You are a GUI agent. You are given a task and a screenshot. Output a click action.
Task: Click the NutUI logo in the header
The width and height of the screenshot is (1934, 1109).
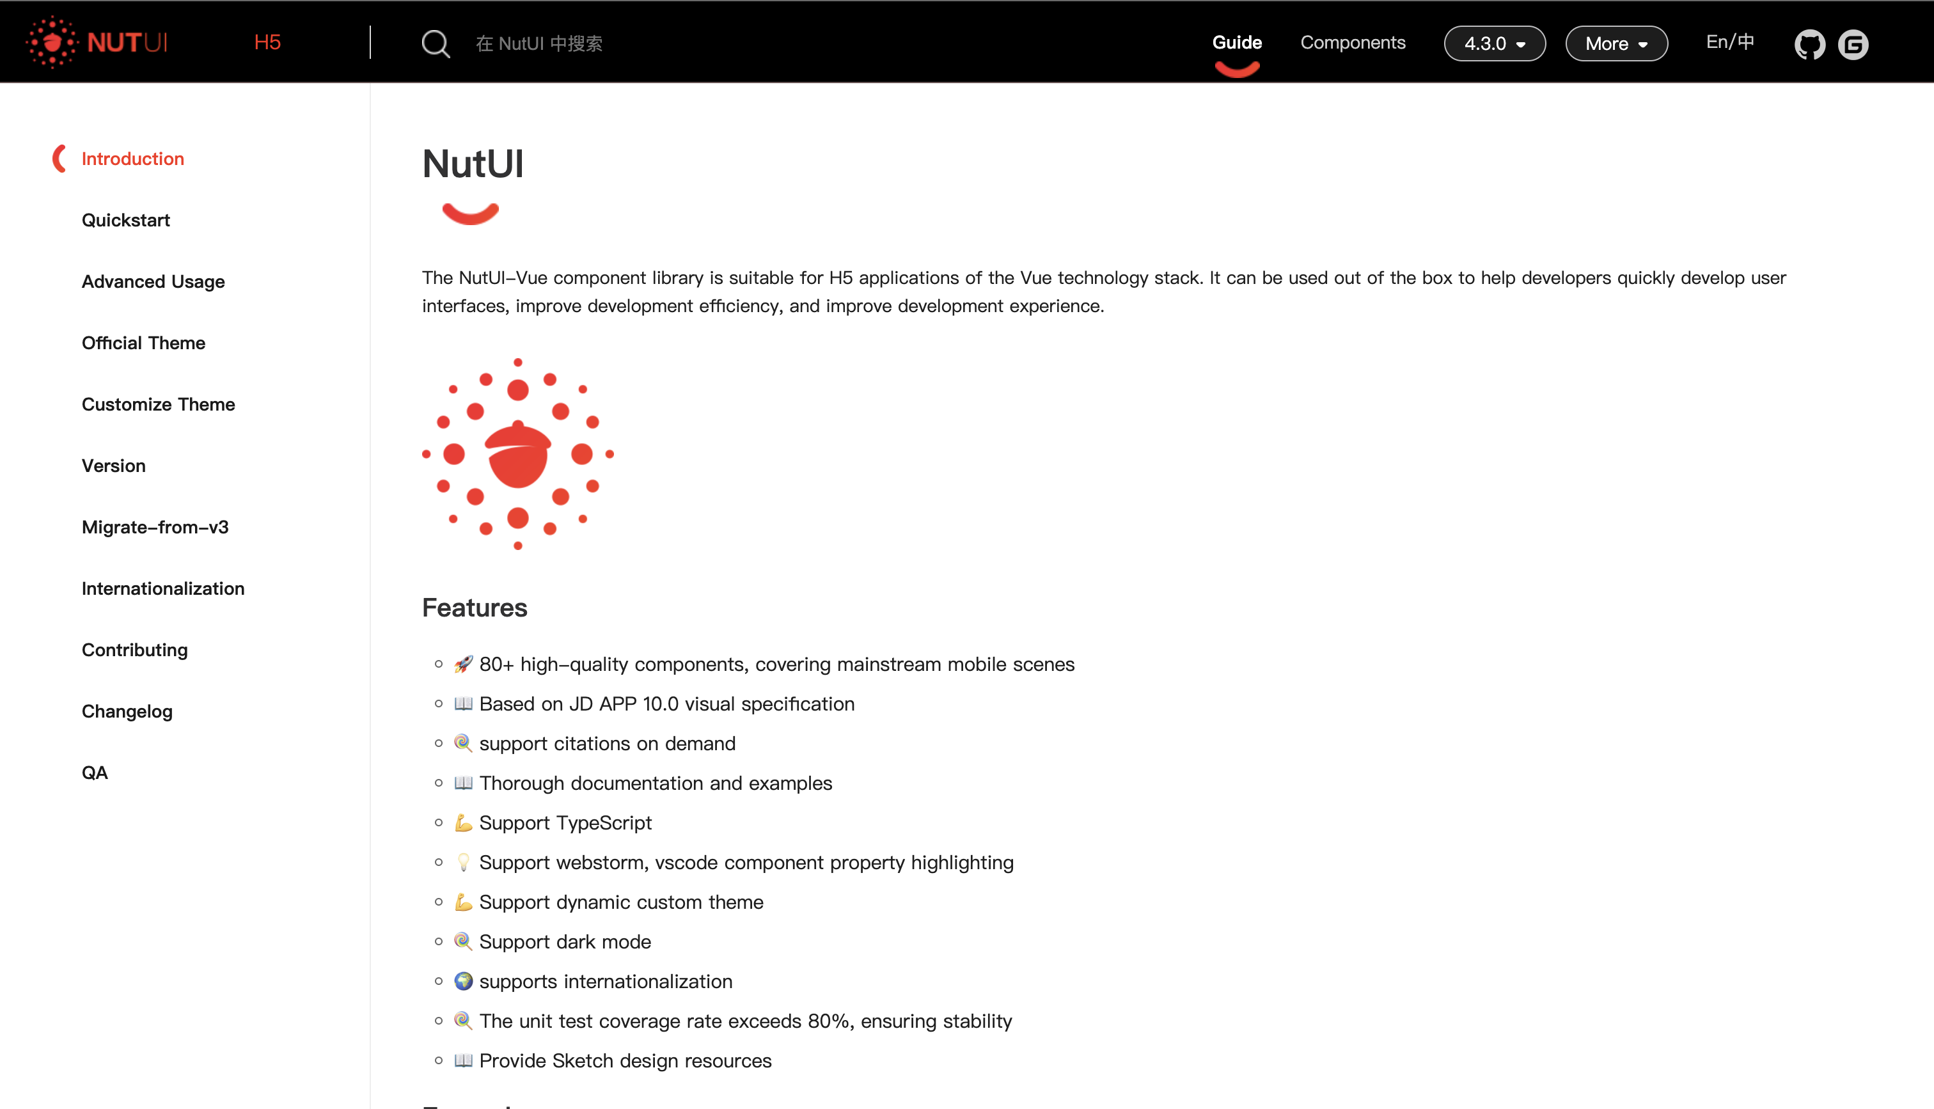pyautogui.click(x=97, y=43)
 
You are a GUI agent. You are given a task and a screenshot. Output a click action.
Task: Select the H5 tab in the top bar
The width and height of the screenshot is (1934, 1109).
pyautogui.click(x=267, y=43)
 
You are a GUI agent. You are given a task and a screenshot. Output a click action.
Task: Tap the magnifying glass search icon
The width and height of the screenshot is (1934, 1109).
pyautogui.click(x=436, y=44)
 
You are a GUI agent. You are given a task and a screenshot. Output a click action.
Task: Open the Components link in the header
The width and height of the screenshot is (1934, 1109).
pyautogui.click(x=1352, y=43)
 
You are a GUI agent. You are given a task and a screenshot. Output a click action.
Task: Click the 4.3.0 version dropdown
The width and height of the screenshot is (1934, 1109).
pyautogui.click(x=1494, y=44)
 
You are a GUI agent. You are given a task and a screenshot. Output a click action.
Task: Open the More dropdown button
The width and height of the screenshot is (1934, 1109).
pyautogui.click(x=1616, y=44)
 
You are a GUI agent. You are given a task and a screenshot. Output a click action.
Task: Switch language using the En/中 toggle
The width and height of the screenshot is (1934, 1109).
pyautogui.click(x=1730, y=42)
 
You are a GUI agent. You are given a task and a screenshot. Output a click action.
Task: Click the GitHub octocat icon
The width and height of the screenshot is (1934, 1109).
pyautogui.click(x=1809, y=45)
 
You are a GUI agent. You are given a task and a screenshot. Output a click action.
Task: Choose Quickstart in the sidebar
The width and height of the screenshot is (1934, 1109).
pyautogui.click(x=125, y=220)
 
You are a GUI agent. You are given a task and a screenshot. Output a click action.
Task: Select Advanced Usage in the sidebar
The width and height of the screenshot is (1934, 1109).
pyautogui.click(x=153, y=282)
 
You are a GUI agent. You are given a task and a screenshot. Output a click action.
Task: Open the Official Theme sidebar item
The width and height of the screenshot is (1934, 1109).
pyautogui.click(x=143, y=343)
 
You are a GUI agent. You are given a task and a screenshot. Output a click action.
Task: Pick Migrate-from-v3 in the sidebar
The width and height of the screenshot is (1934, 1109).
pyautogui.click(x=155, y=527)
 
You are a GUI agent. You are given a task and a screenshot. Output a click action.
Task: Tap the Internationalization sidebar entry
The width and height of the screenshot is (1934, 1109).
pyautogui.click(x=163, y=589)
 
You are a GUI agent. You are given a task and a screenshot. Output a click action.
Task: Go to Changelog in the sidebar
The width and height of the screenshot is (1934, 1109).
pyautogui.click(x=127, y=711)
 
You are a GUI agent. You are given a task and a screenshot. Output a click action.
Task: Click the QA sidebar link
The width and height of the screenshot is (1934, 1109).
pyautogui.click(x=95, y=773)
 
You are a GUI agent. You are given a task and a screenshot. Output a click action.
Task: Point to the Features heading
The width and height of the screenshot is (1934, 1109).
pyautogui.click(x=475, y=608)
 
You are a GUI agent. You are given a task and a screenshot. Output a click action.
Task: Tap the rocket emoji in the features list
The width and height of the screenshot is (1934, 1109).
pyautogui.click(x=463, y=664)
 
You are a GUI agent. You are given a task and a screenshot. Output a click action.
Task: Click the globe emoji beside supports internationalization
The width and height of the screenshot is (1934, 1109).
pyautogui.click(x=463, y=981)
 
